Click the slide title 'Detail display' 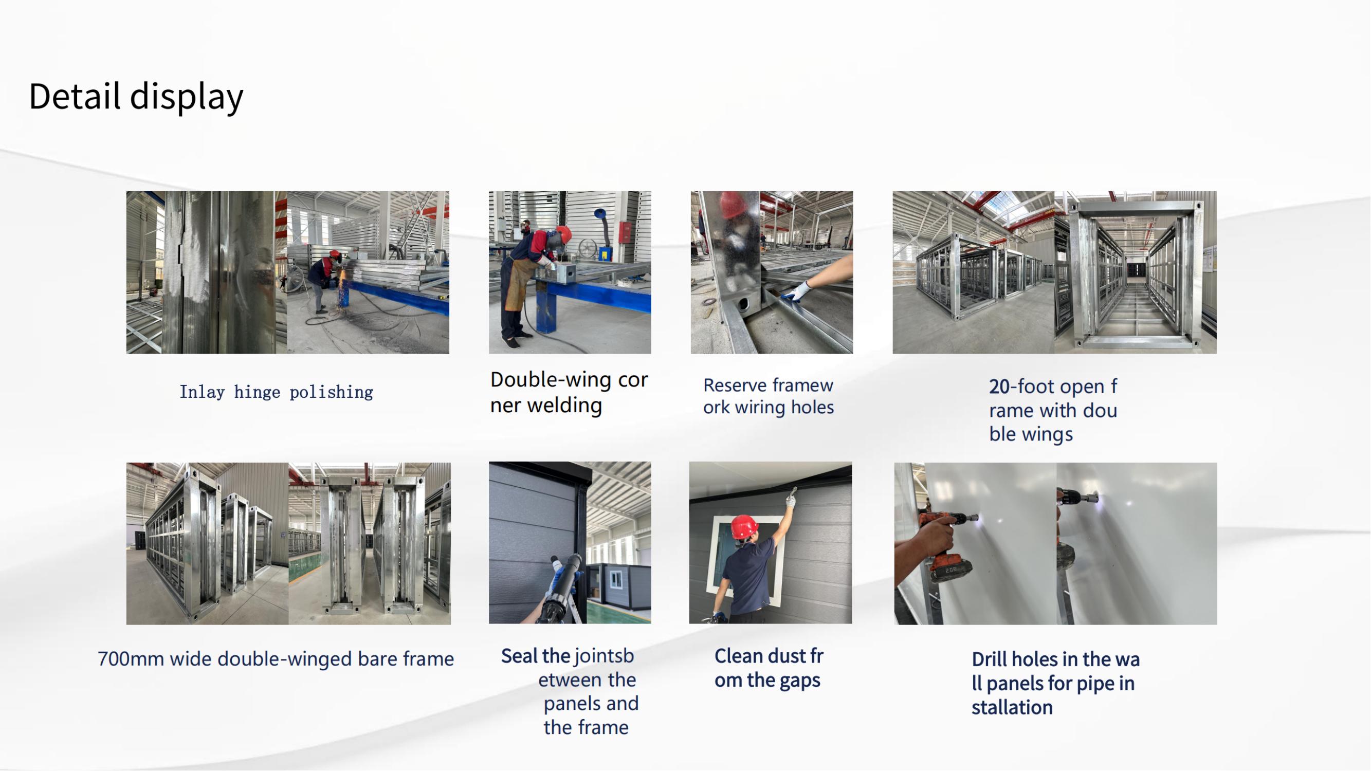136,97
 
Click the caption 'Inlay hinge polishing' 276,392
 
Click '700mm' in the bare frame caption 131,659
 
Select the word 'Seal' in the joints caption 519,656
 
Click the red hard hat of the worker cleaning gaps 744,526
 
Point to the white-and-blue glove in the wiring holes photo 797,291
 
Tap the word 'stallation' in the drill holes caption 1012,708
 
